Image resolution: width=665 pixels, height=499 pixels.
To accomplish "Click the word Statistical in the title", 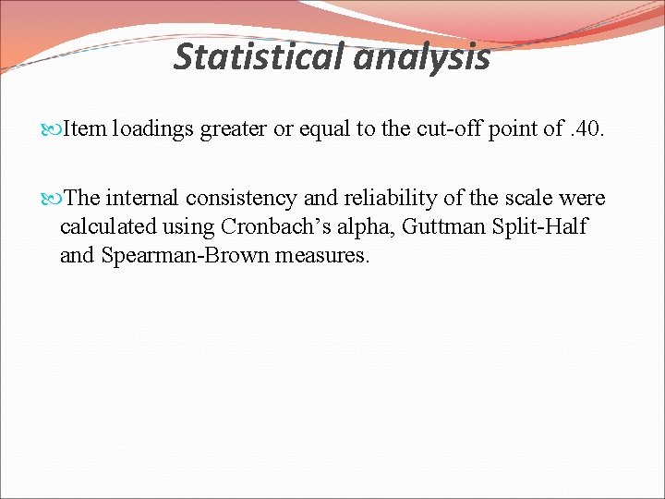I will [x=256, y=58].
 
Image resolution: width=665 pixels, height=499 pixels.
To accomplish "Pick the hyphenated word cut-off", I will [x=446, y=129].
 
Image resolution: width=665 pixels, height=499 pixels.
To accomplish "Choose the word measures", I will [x=321, y=254].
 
